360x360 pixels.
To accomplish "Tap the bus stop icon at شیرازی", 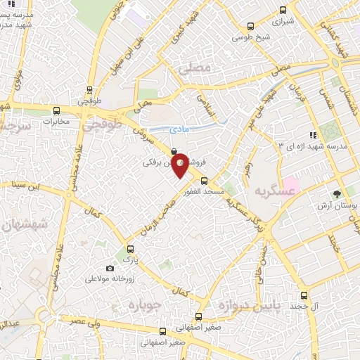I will click(283, 10).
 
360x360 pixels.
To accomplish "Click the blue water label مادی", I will click(179, 129).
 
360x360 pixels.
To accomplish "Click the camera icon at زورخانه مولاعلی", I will click(110, 268).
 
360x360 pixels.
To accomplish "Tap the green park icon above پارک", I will click(129, 249).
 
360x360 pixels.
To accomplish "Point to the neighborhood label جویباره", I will click(146, 304).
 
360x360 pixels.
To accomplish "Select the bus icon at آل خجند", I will click(304, 295).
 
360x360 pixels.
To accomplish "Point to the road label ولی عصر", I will click(82, 321).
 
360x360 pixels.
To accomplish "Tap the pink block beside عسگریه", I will click(291, 186).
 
